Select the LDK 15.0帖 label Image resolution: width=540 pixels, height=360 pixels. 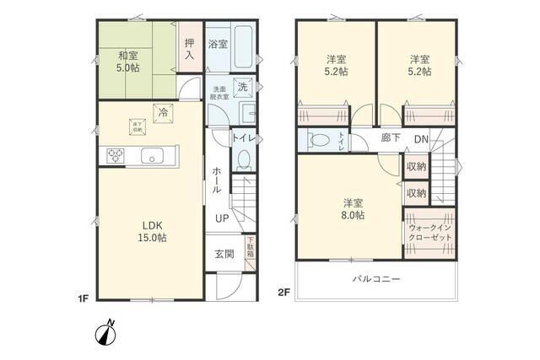pos(153,232)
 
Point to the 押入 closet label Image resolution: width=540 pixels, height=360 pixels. pos(190,49)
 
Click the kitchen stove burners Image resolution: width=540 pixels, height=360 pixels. pos(114,154)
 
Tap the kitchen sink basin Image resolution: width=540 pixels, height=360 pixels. pos(153,155)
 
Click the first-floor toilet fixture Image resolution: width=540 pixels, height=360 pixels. pos(244,158)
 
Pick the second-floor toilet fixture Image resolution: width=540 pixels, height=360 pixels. pos(319,141)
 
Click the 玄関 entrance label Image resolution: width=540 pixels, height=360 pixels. pos(224,253)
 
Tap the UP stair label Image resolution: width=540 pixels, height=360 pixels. pos(221,218)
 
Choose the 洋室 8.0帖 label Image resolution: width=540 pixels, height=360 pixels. pos(353,209)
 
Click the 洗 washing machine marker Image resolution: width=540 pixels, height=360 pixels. pos(242,87)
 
